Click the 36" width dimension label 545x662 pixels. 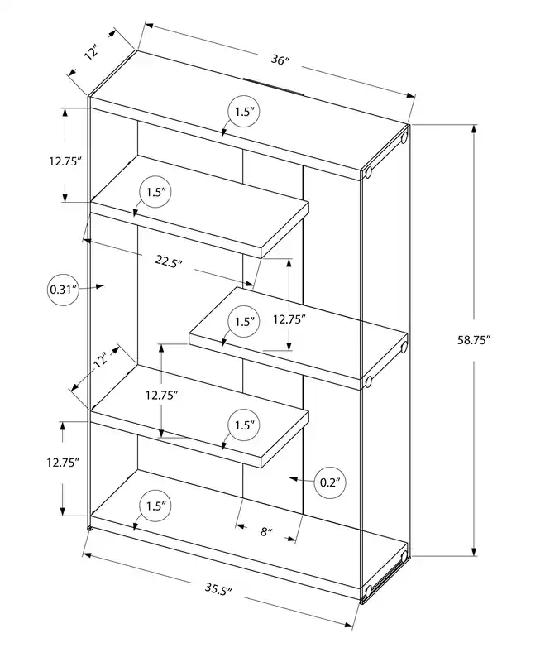[280, 60]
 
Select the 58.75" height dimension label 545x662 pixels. [474, 340]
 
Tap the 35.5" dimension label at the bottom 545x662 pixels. [218, 588]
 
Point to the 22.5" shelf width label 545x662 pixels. [169, 261]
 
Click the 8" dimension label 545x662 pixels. [266, 531]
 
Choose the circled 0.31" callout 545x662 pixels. [63, 290]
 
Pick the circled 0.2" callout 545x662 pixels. [330, 482]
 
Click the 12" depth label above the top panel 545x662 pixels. [91, 53]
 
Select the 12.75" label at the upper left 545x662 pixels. [65, 161]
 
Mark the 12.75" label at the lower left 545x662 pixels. [63, 463]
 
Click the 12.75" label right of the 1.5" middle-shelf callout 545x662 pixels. [289, 319]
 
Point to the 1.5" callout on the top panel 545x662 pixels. [243, 112]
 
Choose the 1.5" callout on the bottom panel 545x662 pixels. [155, 506]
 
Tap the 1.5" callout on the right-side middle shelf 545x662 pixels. [243, 322]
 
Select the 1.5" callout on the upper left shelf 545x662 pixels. [155, 192]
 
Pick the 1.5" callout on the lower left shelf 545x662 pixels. [243, 425]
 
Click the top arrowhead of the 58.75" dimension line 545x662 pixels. [474, 129]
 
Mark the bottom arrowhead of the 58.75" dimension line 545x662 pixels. [474, 551]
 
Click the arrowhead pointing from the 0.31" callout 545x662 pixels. [99, 286]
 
